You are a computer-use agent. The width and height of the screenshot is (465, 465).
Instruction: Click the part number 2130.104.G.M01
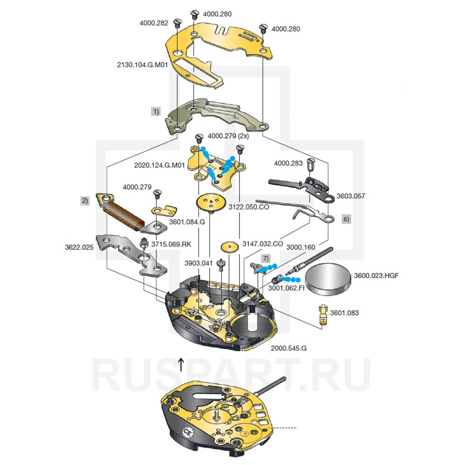click(x=142, y=65)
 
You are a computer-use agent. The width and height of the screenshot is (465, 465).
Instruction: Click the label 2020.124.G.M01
click(x=160, y=165)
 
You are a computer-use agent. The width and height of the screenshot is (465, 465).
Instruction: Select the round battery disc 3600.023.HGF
click(x=329, y=279)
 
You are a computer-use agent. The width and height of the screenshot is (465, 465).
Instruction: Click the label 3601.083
click(x=345, y=313)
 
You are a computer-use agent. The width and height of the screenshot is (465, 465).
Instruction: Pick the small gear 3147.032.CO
click(x=228, y=247)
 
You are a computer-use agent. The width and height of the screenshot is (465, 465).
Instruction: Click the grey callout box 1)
click(x=155, y=112)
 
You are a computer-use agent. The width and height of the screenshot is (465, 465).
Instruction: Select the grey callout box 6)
click(x=346, y=219)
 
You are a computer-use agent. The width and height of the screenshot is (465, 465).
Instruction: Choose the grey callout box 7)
click(x=265, y=257)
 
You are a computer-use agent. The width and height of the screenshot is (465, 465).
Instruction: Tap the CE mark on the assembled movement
click(x=188, y=432)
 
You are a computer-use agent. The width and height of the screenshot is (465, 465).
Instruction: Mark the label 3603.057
click(x=352, y=196)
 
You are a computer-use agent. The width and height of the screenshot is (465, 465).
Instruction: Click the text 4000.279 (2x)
click(x=228, y=137)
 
